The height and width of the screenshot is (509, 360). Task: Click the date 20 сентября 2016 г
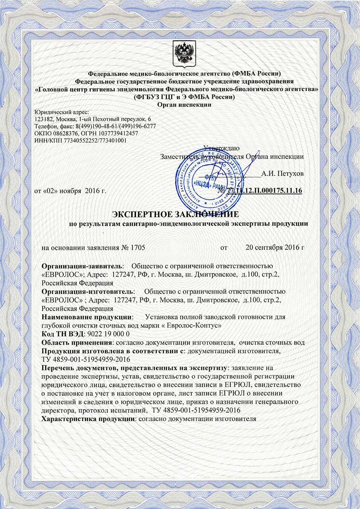pos(275,247)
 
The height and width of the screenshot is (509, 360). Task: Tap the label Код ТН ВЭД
pos(62,333)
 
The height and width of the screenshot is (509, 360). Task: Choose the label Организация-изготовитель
pos(88,292)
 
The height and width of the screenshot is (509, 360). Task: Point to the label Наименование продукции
pos(87,317)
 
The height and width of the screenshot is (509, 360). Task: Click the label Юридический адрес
pos(62,112)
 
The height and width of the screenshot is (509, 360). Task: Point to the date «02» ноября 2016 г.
pos(70,191)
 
